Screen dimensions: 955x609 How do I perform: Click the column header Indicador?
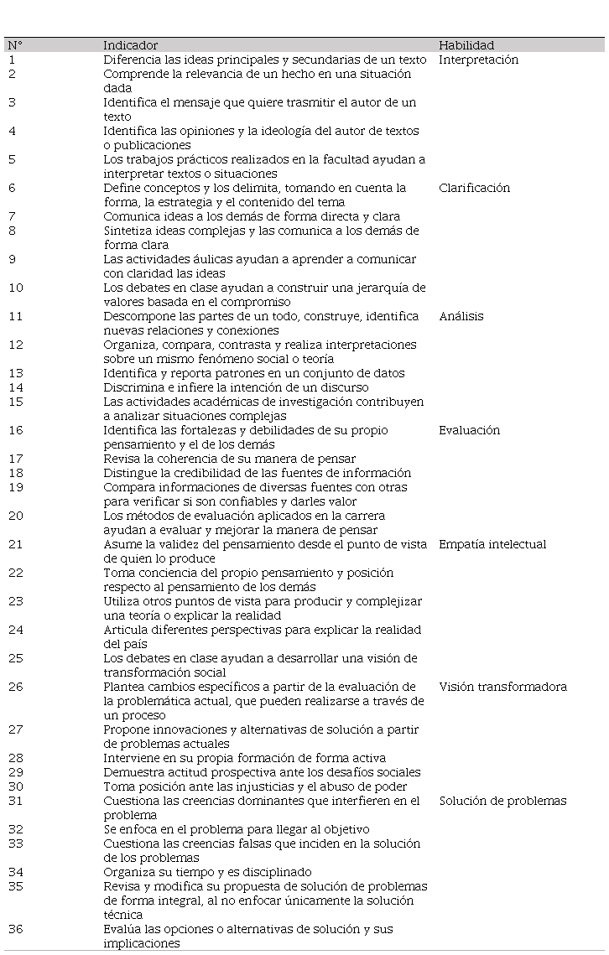tap(130, 45)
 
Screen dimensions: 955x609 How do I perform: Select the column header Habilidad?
tap(466, 45)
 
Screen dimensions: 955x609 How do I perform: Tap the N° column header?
tap(15, 45)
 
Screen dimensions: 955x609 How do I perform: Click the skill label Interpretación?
tap(478, 60)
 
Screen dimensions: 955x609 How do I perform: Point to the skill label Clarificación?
tap(474, 188)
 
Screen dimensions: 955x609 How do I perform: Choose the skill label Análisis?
tap(461, 316)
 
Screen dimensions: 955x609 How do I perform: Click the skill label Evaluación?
tap(469, 430)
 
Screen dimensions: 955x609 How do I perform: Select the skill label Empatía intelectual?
tap(492, 544)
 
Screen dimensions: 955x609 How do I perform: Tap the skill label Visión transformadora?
tap(502, 687)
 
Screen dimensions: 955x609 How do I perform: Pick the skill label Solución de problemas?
tap(502, 801)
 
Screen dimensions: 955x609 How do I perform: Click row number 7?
tap(12, 216)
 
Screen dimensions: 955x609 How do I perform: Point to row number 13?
tap(15, 373)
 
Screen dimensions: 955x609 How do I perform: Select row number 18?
tap(15, 473)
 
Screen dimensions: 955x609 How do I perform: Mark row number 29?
tap(15, 772)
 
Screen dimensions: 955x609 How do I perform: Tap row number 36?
tap(15, 929)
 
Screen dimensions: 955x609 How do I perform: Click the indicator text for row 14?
tap(236, 387)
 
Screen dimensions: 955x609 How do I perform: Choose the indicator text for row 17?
tap(229, 459)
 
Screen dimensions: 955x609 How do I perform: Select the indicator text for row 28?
tap(245, 758)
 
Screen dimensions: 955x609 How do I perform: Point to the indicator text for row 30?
tap(255, 786)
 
